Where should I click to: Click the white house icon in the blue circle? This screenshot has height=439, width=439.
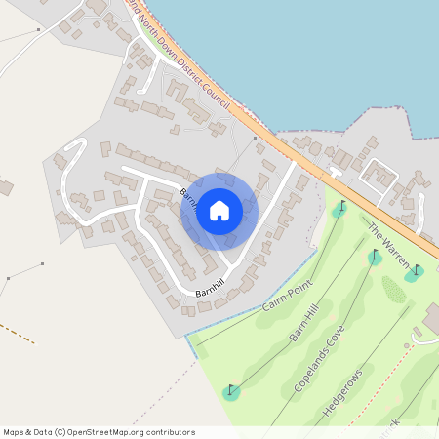[x=219, y=210]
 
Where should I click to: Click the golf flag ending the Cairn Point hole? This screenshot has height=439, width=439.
[x=339, y=209]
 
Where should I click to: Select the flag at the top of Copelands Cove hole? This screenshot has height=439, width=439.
[x=376, y=257]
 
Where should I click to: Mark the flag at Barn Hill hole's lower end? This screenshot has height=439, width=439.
[x=231, y=392]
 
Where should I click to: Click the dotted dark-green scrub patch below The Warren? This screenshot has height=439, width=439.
[x=393, y=289]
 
